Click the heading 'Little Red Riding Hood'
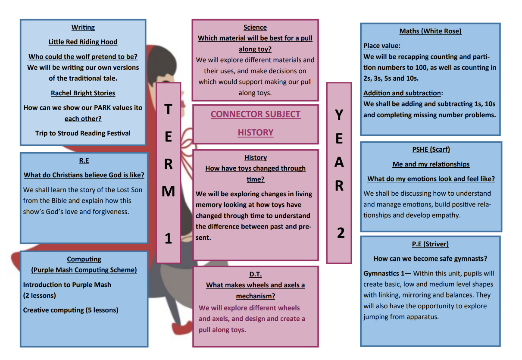(83, 42)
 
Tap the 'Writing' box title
(83, 28)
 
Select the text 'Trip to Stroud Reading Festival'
(83, 133)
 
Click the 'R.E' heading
(84, 160)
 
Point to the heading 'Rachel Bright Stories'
(83, 93)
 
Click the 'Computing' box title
(84, 259)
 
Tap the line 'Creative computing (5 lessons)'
(70, 310)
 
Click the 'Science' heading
(255, 28)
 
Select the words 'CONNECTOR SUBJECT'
(256, 114)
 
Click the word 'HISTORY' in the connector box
(256, 132)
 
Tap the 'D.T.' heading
(256, 274)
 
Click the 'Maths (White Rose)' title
(430, 31)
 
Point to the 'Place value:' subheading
(382, 46)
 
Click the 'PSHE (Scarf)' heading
(431, 150)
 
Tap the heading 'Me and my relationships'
(431, 164)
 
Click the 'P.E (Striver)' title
(430, 244)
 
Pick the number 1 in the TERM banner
(168, 238)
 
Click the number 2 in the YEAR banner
(341, 233)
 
